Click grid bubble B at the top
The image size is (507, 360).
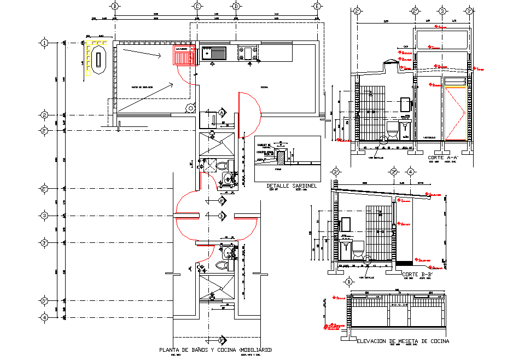click(115, 6)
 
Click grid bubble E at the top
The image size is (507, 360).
click(317, 6)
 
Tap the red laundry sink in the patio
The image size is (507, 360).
click(184, 56)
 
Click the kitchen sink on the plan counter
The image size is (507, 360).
click(214, 53)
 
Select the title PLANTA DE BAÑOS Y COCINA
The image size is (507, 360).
click(215, 350)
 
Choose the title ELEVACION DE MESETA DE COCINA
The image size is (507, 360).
click(403, 341)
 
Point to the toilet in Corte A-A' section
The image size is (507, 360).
click(392, 130)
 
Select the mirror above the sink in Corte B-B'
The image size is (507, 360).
click(346, 224)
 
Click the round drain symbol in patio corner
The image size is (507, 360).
click(190, 108)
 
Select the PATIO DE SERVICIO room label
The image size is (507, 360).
click(142, 88)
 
